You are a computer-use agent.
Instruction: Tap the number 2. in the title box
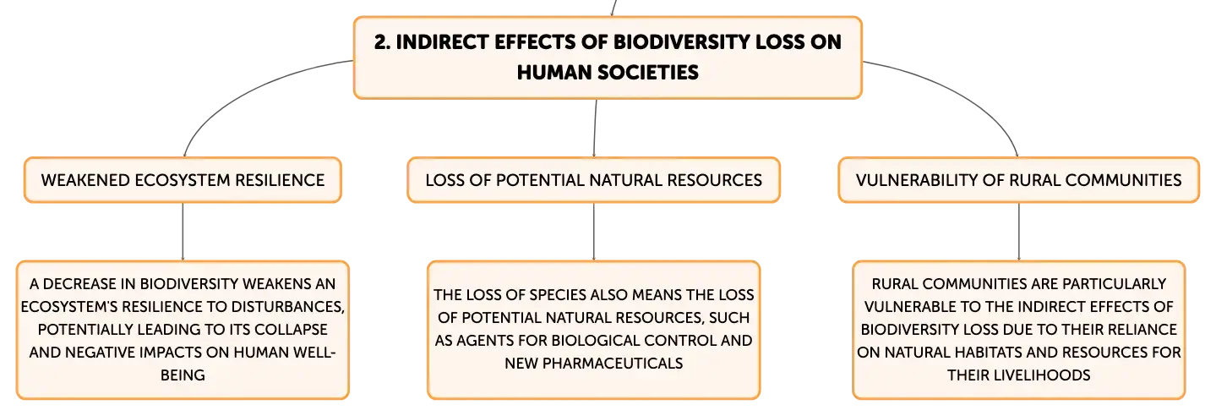click(382, 41)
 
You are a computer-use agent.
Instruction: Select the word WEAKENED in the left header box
click(85, 180)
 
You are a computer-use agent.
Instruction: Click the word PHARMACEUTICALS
click(613, 364)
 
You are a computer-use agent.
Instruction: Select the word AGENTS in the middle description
click(485, 341)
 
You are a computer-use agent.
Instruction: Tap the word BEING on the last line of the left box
click(183, 375)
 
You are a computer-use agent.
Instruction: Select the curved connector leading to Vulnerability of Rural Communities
click(965, 91)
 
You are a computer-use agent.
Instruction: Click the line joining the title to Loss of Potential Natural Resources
click(595, 129)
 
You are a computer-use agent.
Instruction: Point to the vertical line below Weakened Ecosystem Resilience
click(183, 232)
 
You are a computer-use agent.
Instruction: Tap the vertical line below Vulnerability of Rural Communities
click(1019, 232)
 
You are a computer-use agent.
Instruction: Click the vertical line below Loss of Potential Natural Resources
click(594, 232)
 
